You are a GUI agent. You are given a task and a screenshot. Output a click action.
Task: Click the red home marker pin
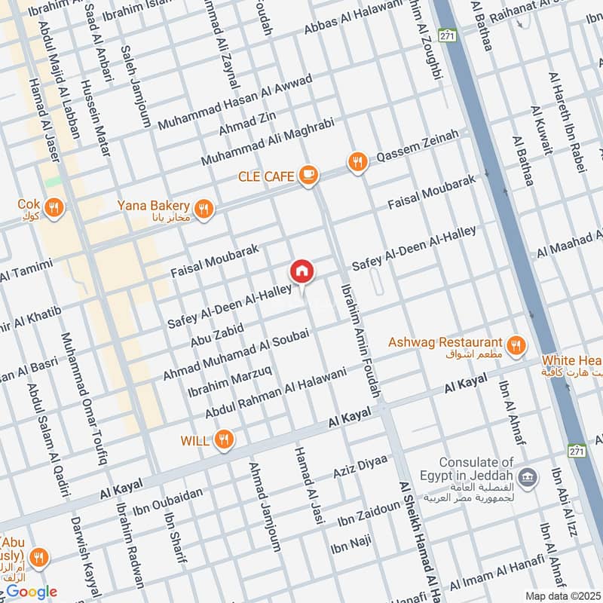(301, 271)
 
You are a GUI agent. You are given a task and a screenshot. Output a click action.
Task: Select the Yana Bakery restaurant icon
(202, 208)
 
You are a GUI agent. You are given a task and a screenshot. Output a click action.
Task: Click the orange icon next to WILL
(223, 439)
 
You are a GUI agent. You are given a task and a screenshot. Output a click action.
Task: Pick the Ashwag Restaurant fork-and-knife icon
(516, 344)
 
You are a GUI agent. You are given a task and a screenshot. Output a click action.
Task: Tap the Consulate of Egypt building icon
(528, 476)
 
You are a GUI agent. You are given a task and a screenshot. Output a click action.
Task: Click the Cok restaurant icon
(54, 207)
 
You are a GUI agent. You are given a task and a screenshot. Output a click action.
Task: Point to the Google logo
(31, 592)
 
